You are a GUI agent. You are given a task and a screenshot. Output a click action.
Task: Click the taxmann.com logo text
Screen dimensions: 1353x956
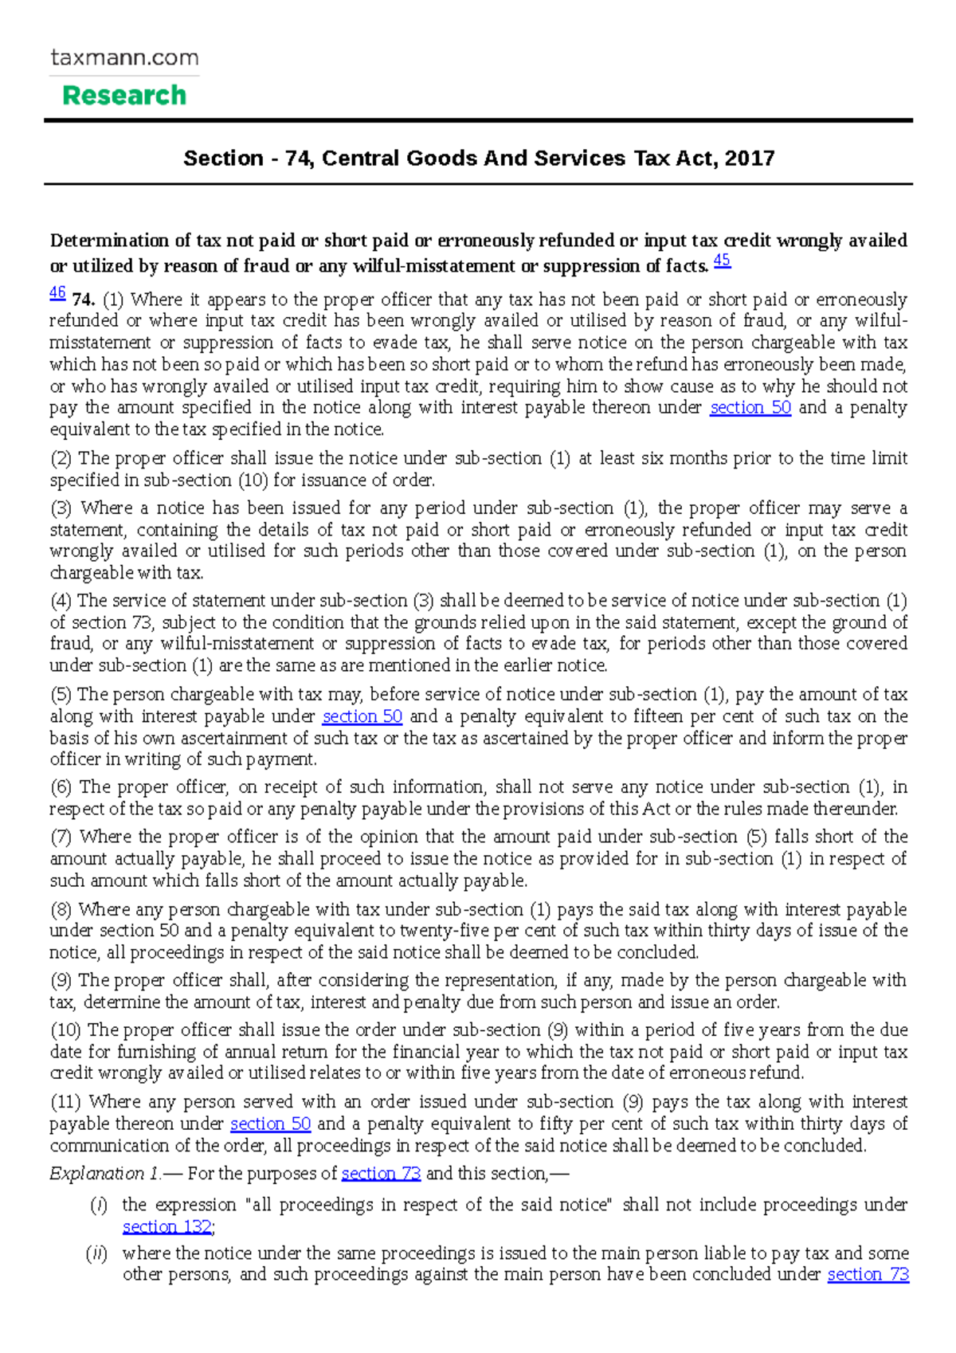[124, 58]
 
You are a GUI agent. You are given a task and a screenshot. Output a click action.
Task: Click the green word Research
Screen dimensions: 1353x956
[124, 96]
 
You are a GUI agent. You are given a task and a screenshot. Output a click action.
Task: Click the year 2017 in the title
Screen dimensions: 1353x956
[750, 158]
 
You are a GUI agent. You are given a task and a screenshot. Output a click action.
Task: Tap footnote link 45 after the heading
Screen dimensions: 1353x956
[722, 261]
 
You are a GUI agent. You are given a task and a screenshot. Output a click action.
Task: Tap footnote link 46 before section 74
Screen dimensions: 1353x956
[57, 293]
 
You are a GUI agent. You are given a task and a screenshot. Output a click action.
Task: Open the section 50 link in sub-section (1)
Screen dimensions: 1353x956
[750, 408]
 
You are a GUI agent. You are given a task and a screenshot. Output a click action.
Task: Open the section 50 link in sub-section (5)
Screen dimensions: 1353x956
[362, 716]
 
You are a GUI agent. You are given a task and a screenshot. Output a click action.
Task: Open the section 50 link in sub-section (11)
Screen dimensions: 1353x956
[270, 1124]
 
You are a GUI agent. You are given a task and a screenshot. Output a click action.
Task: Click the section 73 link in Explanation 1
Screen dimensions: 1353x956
[380, 1174]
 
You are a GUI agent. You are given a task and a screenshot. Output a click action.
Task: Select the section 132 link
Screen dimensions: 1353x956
[167, 1227]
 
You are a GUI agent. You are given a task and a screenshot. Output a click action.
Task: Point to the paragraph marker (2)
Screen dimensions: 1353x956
[61, 458]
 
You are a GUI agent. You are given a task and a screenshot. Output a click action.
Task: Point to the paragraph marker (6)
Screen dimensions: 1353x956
[61, 787]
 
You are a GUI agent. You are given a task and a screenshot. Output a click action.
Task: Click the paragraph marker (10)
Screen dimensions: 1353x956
[65, 1030]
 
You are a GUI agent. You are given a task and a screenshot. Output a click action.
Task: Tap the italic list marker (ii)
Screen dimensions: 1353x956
[97, 1253]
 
